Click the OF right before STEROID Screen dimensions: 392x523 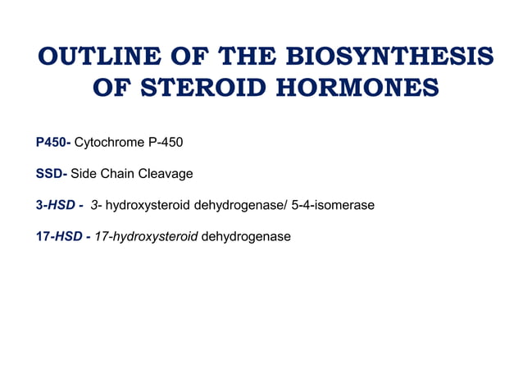tap(113, 88)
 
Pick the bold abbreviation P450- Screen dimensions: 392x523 tap(53, 143)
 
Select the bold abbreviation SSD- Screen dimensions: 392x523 tap(52, 174)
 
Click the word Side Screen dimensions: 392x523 tap(84, 174)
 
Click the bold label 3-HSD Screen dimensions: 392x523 tap(58, 205)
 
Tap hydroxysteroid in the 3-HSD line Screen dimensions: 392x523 tap(148, 205)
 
